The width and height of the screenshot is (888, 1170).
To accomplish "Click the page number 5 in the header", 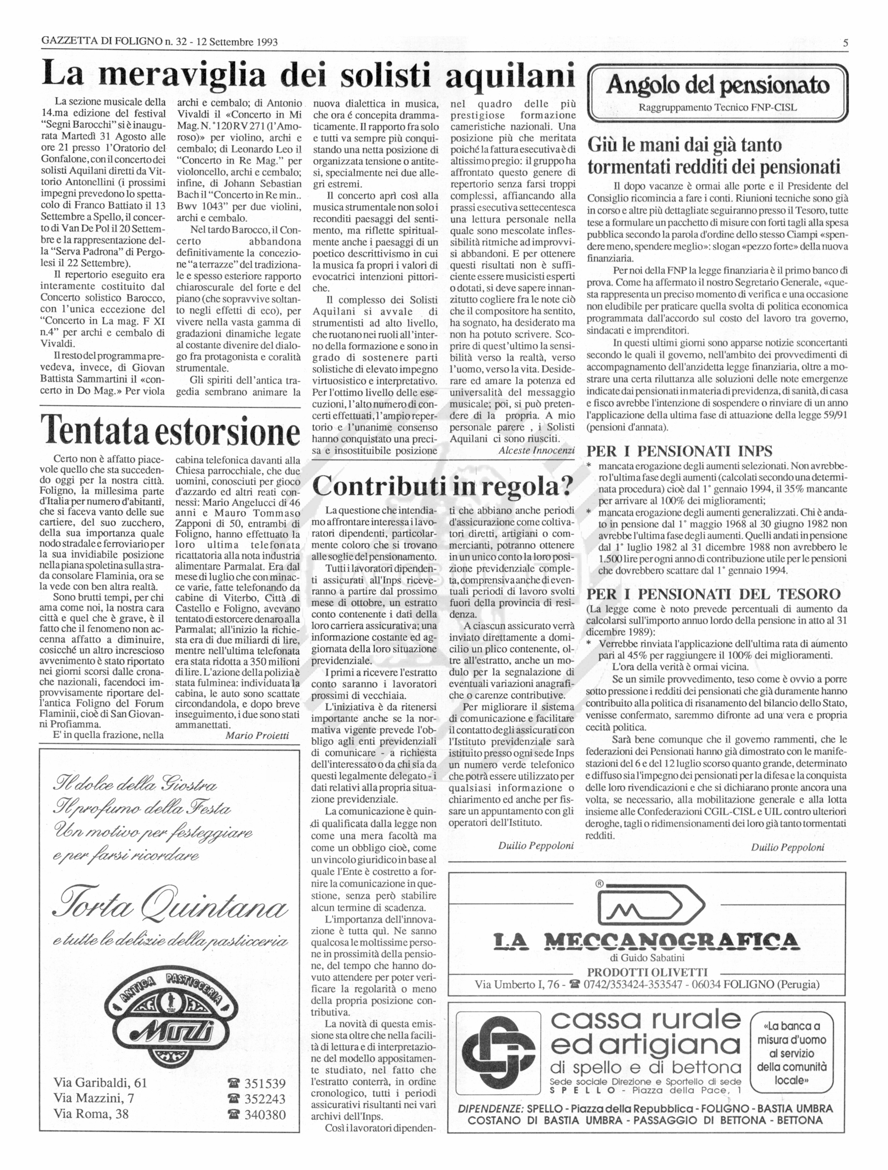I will point(845,43).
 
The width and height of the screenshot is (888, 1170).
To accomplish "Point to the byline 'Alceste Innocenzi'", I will point(536,451).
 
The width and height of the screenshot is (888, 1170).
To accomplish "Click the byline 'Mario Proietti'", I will point(257,735).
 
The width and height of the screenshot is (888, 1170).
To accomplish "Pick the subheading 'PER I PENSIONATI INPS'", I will point(679,451).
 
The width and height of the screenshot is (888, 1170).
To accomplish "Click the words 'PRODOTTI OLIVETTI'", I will point(647,972).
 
